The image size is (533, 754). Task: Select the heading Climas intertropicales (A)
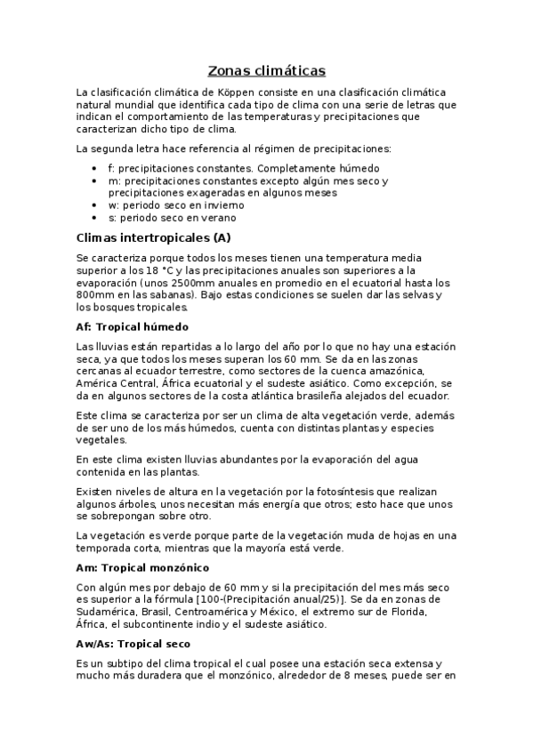click(154, 237)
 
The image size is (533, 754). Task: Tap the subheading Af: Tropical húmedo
click(133, 327)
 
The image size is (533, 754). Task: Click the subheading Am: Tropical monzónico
click(143, 566)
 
